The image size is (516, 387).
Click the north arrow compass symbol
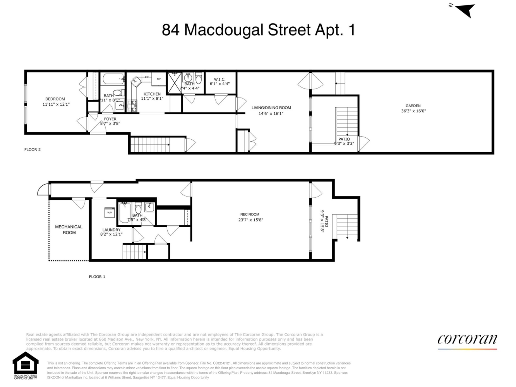click(x=465, y=10)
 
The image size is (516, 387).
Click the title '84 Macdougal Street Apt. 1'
click(x=258, y=30)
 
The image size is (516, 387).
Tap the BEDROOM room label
click(x=55, y=99)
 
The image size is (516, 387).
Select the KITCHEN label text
click(x=152, y=94)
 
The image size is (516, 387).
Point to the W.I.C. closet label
click(x=219, y=79)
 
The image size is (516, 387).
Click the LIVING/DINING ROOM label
click(x=271, y=108)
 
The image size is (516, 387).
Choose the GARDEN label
click(x=413, y=106)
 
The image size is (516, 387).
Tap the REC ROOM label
click(x=250, y=214)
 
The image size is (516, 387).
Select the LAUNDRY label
click(x=111, y=230)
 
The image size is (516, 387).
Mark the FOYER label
click(x=110, y=119)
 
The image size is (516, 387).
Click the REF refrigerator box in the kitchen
click(x=159, y=79)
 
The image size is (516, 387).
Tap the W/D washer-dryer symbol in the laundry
click(x=110, y=212)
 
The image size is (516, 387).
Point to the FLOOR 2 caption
click(x=33, y=150)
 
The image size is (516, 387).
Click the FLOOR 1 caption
click(x=97, y=277)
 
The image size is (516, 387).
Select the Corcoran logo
click(x=467, y=339)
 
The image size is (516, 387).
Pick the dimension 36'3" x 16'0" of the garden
click(x=413, y=111)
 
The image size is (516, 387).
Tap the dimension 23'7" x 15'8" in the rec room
click(x=250, y=220)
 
